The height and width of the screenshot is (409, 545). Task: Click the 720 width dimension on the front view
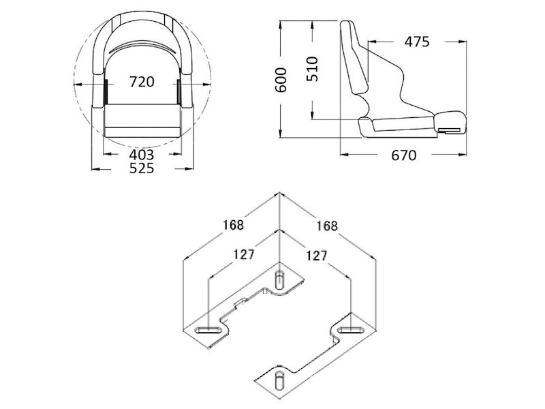pyautogui.click(x=142, y=82)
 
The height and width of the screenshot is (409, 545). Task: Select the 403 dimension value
pyautogui.click(x=142, y=155)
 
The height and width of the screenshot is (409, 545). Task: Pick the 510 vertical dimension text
pyautogui.click(x=313, y=69)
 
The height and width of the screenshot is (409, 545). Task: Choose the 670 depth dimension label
pyautogui.click(x=403, y=155)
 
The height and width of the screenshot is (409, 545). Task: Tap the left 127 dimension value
pyautogui.click(x=243, y=254)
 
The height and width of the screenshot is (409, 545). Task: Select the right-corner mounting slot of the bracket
pyautogui.click(x=351, y=330)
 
